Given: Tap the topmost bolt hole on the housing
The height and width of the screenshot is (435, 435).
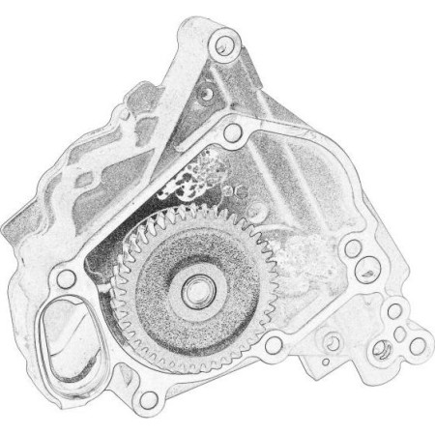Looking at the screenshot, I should pos(224,42).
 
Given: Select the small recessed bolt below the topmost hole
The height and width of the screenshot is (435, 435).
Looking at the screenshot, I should pos(206,94).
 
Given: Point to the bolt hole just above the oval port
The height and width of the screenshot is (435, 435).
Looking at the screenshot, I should pos(66,279).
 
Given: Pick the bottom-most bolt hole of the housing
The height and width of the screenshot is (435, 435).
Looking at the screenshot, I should pos(148,400).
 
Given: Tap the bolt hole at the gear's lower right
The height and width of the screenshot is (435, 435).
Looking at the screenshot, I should pos(275,343).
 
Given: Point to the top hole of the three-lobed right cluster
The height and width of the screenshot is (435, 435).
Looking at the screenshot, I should pos(394,310).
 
